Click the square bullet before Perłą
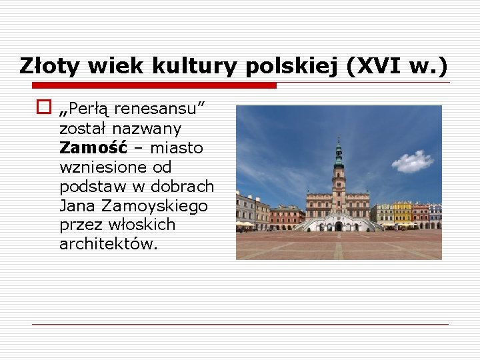44,106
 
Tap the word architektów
108,244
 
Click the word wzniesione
97,167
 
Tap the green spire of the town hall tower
339,151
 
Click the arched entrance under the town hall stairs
339,226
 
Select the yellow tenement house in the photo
403,213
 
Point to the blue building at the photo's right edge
435,215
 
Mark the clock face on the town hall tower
339,175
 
